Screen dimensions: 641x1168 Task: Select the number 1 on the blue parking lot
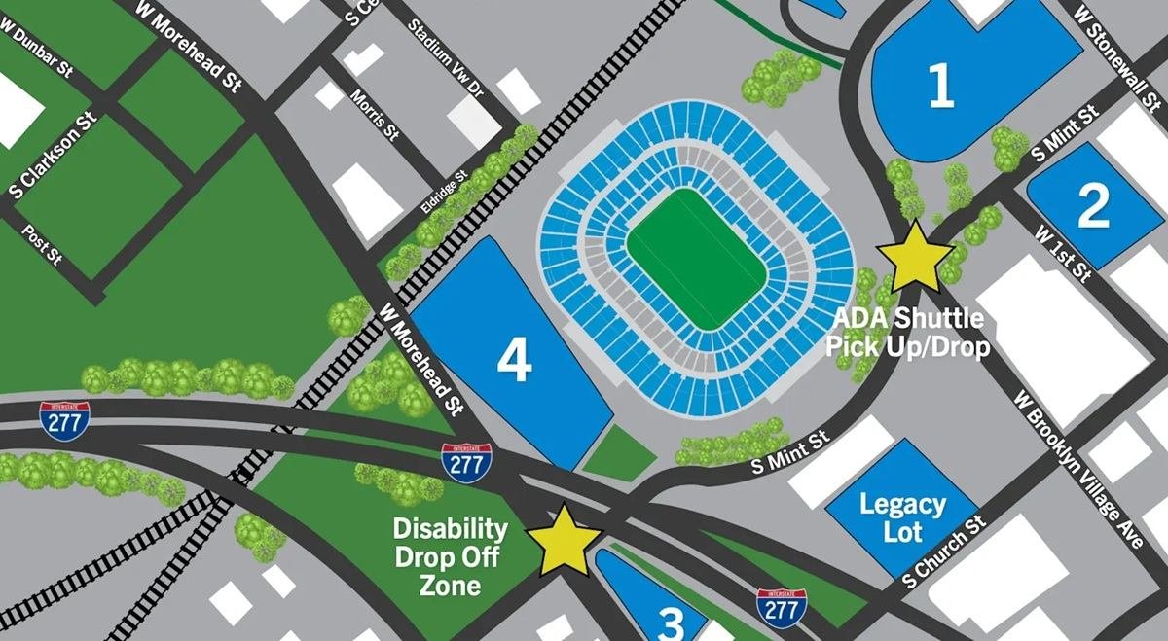[940, 89]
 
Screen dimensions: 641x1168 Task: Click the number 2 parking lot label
[1092, 206]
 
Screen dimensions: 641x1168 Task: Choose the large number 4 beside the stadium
[514, 362]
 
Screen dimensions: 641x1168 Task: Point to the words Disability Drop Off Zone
[450, 557]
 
